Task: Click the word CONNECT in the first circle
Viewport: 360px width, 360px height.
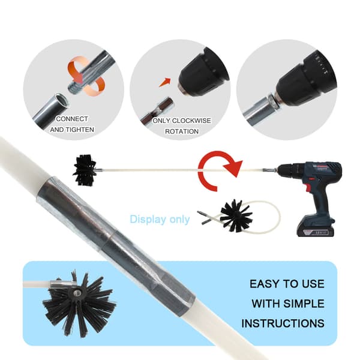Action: point(72,119)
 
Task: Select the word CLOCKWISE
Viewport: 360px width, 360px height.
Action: point(191,121)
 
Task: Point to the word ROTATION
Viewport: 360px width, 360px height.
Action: point(182,131)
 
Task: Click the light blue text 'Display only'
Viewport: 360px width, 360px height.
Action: point(160,220)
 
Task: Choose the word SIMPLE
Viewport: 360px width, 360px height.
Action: point(304,304)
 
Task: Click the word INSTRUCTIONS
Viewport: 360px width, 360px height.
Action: point(283,323)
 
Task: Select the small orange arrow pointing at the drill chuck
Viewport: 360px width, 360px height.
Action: point(165,82)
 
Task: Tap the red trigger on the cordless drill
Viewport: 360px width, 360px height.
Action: point(308,188)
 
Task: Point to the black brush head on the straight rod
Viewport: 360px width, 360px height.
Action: point(85,170)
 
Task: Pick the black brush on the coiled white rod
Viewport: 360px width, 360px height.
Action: point(236,216)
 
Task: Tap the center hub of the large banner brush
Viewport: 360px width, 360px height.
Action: point(76,292)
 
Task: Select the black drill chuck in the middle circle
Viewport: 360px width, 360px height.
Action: point(202,73)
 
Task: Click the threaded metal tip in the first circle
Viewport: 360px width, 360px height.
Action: point(74,88)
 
